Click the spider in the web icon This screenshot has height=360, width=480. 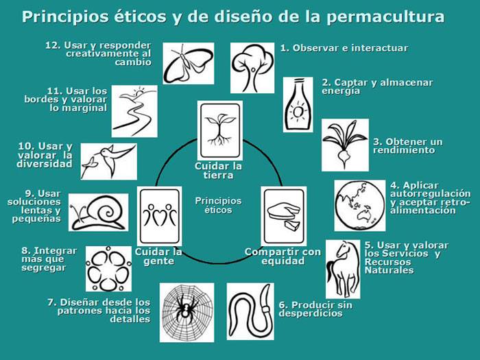(x=187, y=312)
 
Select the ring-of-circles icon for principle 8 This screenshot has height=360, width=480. (x=108, y=268)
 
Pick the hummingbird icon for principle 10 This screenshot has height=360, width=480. (x=108, y=160)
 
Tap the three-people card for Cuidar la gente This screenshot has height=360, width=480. (x=159, y=216)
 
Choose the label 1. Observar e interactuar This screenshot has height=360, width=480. (x=344, y=48)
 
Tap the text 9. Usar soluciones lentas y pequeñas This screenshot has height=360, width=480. (x=34, y=206)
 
